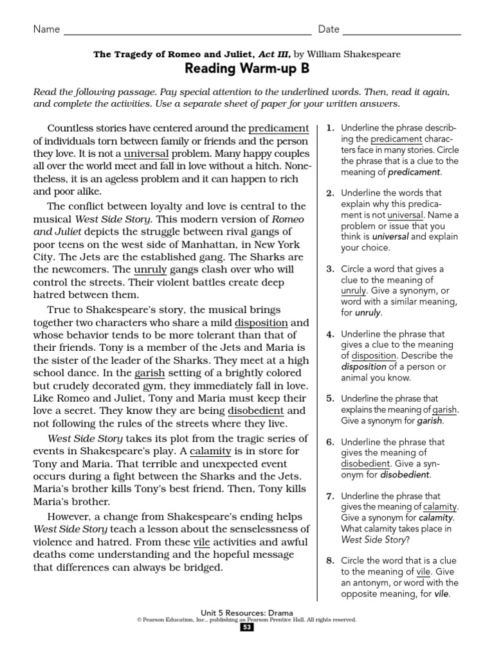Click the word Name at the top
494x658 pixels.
[x=46, y=29]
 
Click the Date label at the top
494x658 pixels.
[x=328, y=29]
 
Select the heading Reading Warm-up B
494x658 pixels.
[x=247, y=69]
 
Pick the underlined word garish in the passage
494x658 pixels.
[x=150, y=373]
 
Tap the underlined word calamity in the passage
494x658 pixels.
[x=210, y=451]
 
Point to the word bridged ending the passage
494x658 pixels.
[x=201, y=567]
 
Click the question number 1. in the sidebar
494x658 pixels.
[x=331, y=129]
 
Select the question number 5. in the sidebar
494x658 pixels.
[x=331, y=398]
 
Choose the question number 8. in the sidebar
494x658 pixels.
[x=331, y=560]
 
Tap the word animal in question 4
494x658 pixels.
[x=358, y=378]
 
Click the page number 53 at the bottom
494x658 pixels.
[x=247, y=628]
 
